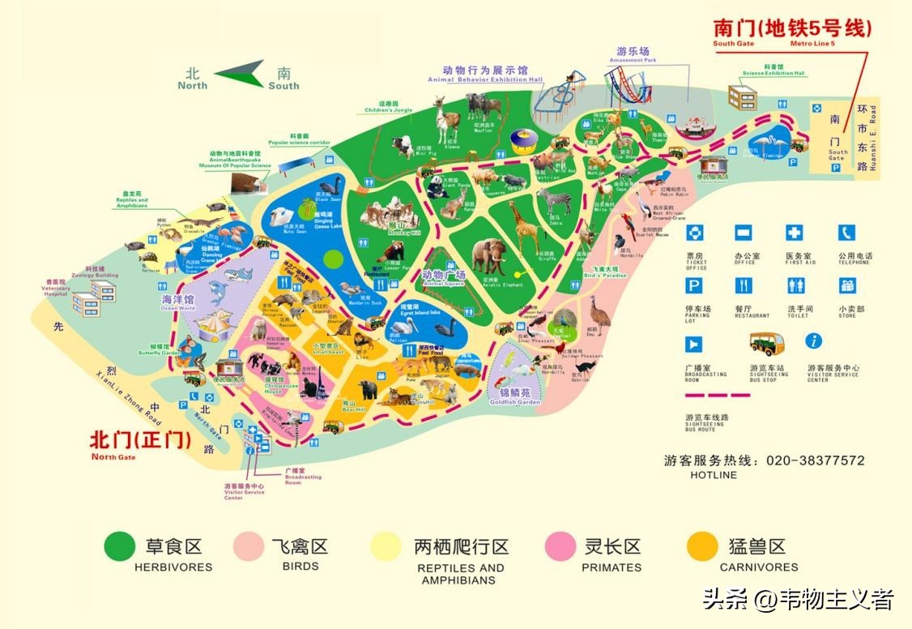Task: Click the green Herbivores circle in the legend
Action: (x=120, y=547)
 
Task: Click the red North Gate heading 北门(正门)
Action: (x=140, y=440)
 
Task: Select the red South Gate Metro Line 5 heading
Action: (x=792, y=28)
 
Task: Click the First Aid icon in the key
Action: (x=795, y=234)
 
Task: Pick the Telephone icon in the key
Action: (x=846, y=234)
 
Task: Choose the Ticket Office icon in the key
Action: (x=696, y=234)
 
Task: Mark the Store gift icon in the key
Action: (x=847, y=286)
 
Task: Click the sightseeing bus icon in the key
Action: (x=765, y=344)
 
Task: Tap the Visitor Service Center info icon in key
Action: (x=814, y=341)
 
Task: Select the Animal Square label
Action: (x=443, y=278)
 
